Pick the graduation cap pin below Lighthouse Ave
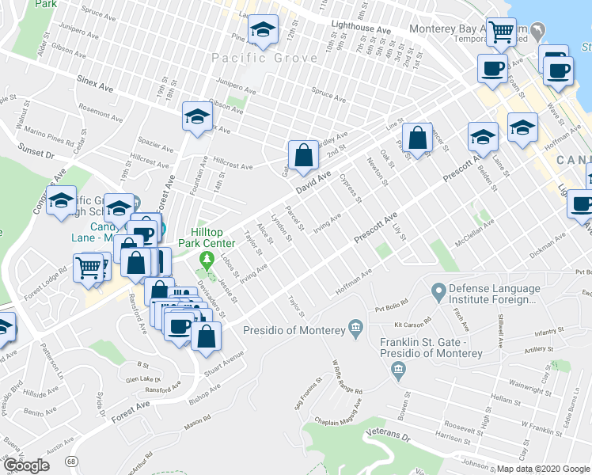click(x=262, y=31)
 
